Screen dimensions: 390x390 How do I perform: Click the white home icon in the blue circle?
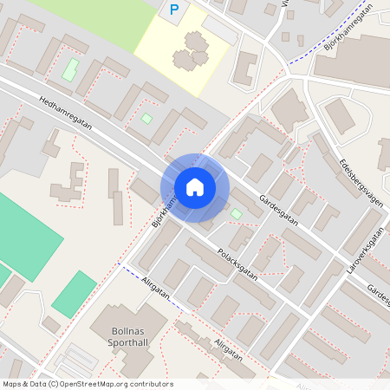[x=195, y=187]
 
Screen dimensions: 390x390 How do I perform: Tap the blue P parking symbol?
[x=174, y=10]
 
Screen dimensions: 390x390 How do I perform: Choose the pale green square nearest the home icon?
[x=236, y=213]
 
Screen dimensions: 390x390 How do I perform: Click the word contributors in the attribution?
[x=148, y=383]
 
